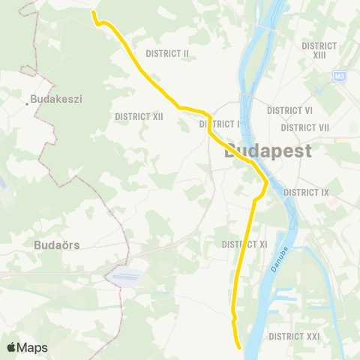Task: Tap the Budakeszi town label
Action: (51, 98)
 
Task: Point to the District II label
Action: (167, 53)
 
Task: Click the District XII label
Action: (139, 116)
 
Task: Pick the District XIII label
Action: (319, 50)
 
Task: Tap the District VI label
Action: (289, 110)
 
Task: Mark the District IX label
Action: (307, 193)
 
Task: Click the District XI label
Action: (245, 244)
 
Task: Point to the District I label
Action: (220, 124)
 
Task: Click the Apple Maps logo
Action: (27, 347)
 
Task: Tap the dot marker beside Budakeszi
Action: (28, 103)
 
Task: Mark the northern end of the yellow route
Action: (93, 11)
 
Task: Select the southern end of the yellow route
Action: (239, 348)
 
